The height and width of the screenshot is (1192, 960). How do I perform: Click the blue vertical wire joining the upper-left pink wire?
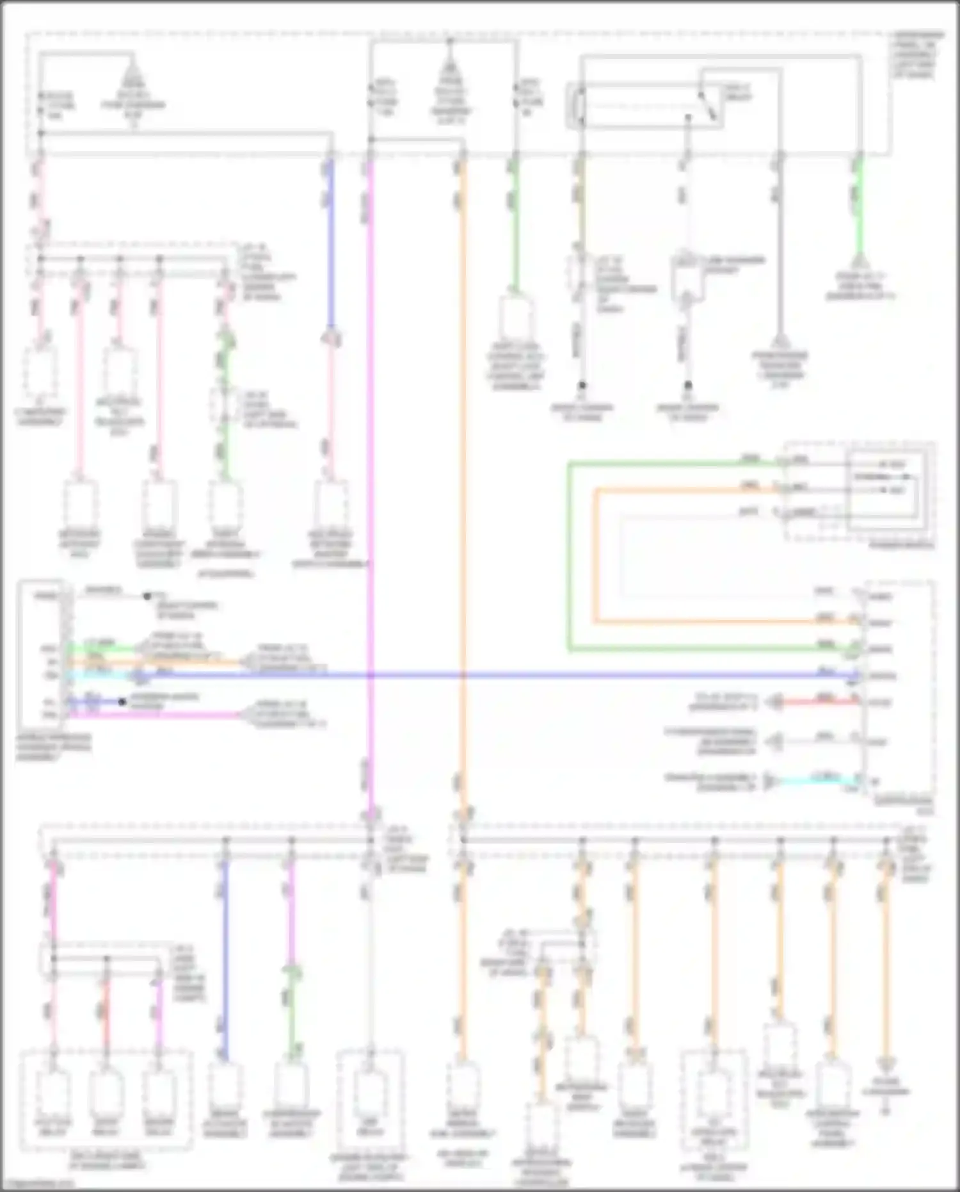(330, 243)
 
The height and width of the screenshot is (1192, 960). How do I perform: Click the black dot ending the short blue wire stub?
(122, 701)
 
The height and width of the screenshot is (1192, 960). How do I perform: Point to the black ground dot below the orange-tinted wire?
(582, 386)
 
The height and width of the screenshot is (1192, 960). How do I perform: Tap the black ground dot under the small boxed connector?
(688, 386)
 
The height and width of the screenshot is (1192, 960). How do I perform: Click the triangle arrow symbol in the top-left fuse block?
(132, 70)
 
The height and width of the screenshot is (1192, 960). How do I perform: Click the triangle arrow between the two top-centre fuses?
(450, 70)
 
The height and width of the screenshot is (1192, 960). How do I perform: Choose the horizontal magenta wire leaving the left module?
(160, 714)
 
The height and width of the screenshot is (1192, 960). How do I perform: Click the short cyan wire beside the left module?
(102, 675)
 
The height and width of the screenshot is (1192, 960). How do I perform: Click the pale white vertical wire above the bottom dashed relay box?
(370, 961)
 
